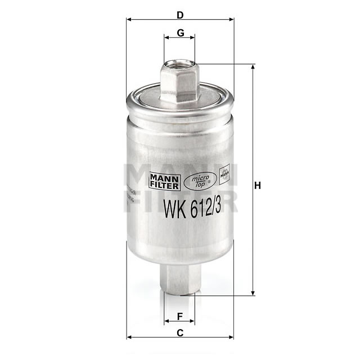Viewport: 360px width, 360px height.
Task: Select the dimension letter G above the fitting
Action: [180, 33]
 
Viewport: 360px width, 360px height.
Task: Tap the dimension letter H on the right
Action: [258, 186]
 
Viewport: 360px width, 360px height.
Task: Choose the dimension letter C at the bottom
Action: [179, 332]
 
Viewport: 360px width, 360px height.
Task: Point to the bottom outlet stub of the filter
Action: [179, 278]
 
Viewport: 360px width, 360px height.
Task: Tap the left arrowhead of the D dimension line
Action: [129, 19]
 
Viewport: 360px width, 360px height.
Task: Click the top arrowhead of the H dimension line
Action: [253, 67]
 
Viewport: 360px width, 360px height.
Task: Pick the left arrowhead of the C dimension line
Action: [129, 337]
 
